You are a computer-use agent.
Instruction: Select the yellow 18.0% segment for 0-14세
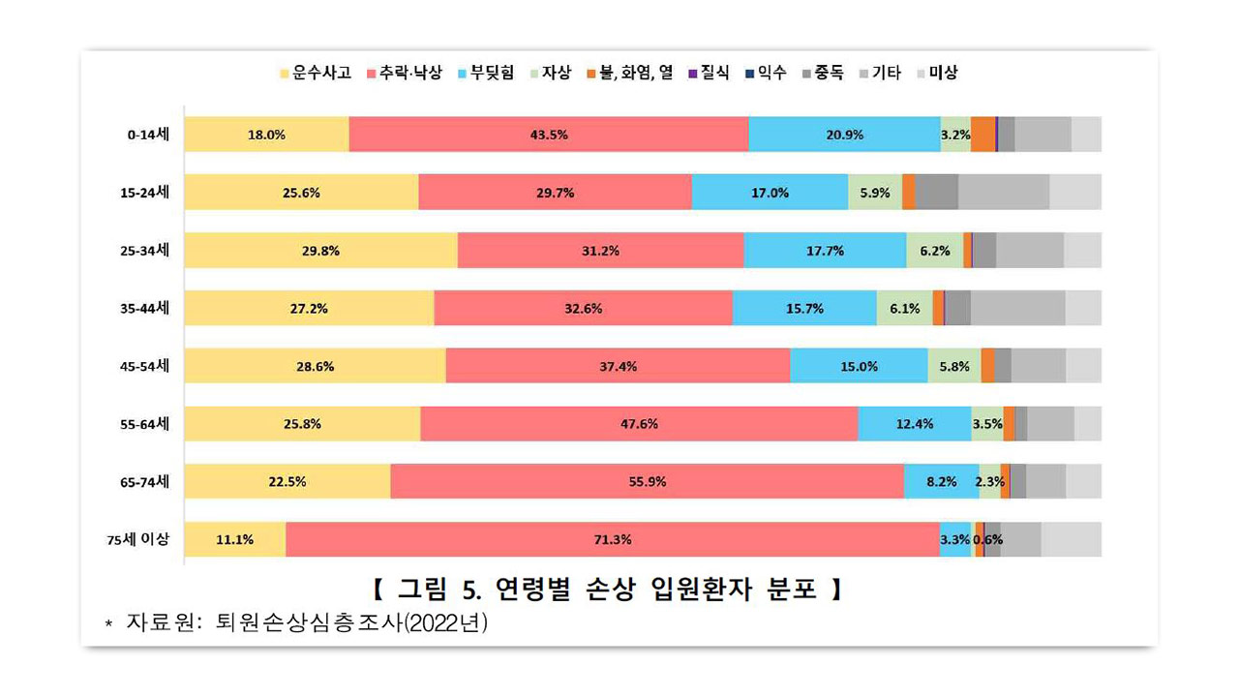click(266, 135)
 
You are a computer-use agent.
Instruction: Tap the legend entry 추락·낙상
click(404, 73)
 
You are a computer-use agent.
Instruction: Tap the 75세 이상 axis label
click(137, 539)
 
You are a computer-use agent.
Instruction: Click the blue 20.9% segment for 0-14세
click(844, 135)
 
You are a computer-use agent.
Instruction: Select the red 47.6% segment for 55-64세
click(639, 424)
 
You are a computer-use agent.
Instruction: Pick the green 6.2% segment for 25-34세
click(934, 251)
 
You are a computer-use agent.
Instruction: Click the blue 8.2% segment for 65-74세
click(941, 481)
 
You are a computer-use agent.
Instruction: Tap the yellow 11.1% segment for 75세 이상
click(234, 539)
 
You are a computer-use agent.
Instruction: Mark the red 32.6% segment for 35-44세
click(583, 309)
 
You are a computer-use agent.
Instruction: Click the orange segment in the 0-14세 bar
click(982, 135)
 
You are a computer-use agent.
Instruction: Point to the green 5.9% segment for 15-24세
click(874, 193)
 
